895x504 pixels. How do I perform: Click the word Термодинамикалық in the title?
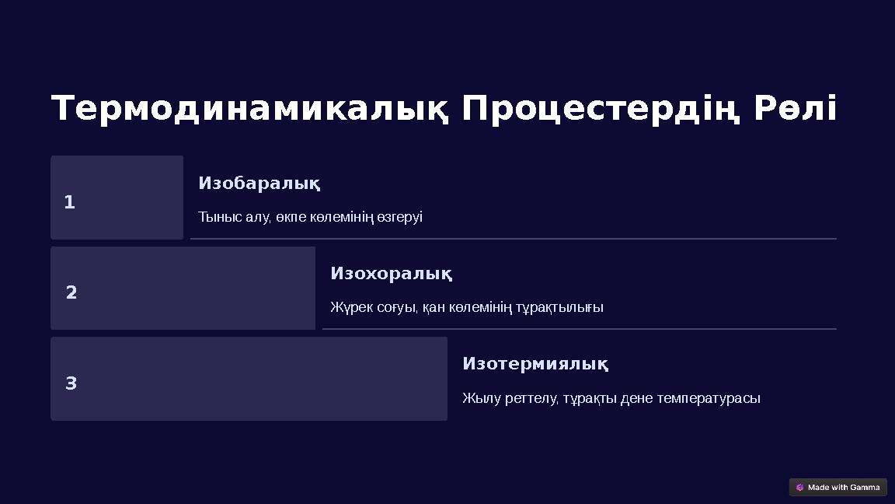click(x=249, y=109)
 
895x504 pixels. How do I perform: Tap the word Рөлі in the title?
click(x=795, y=109)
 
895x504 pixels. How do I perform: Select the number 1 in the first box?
click(x=69, y=202)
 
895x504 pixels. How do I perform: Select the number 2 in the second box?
click(x=71, y=292)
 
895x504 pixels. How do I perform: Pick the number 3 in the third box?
click(x=71, y=383)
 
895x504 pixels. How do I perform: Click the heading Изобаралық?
click(x=259, y=184)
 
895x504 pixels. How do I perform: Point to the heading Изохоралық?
click(x=391, y=274)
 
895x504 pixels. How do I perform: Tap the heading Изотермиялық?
click(x=535, y=364)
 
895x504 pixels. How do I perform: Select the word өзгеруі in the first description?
click(x=399, y=217)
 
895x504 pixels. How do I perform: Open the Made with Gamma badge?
click(x=838, y=488)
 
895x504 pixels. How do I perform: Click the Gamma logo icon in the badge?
click(x=800, y=488)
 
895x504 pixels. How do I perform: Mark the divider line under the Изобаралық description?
click(x=513, y=239)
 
